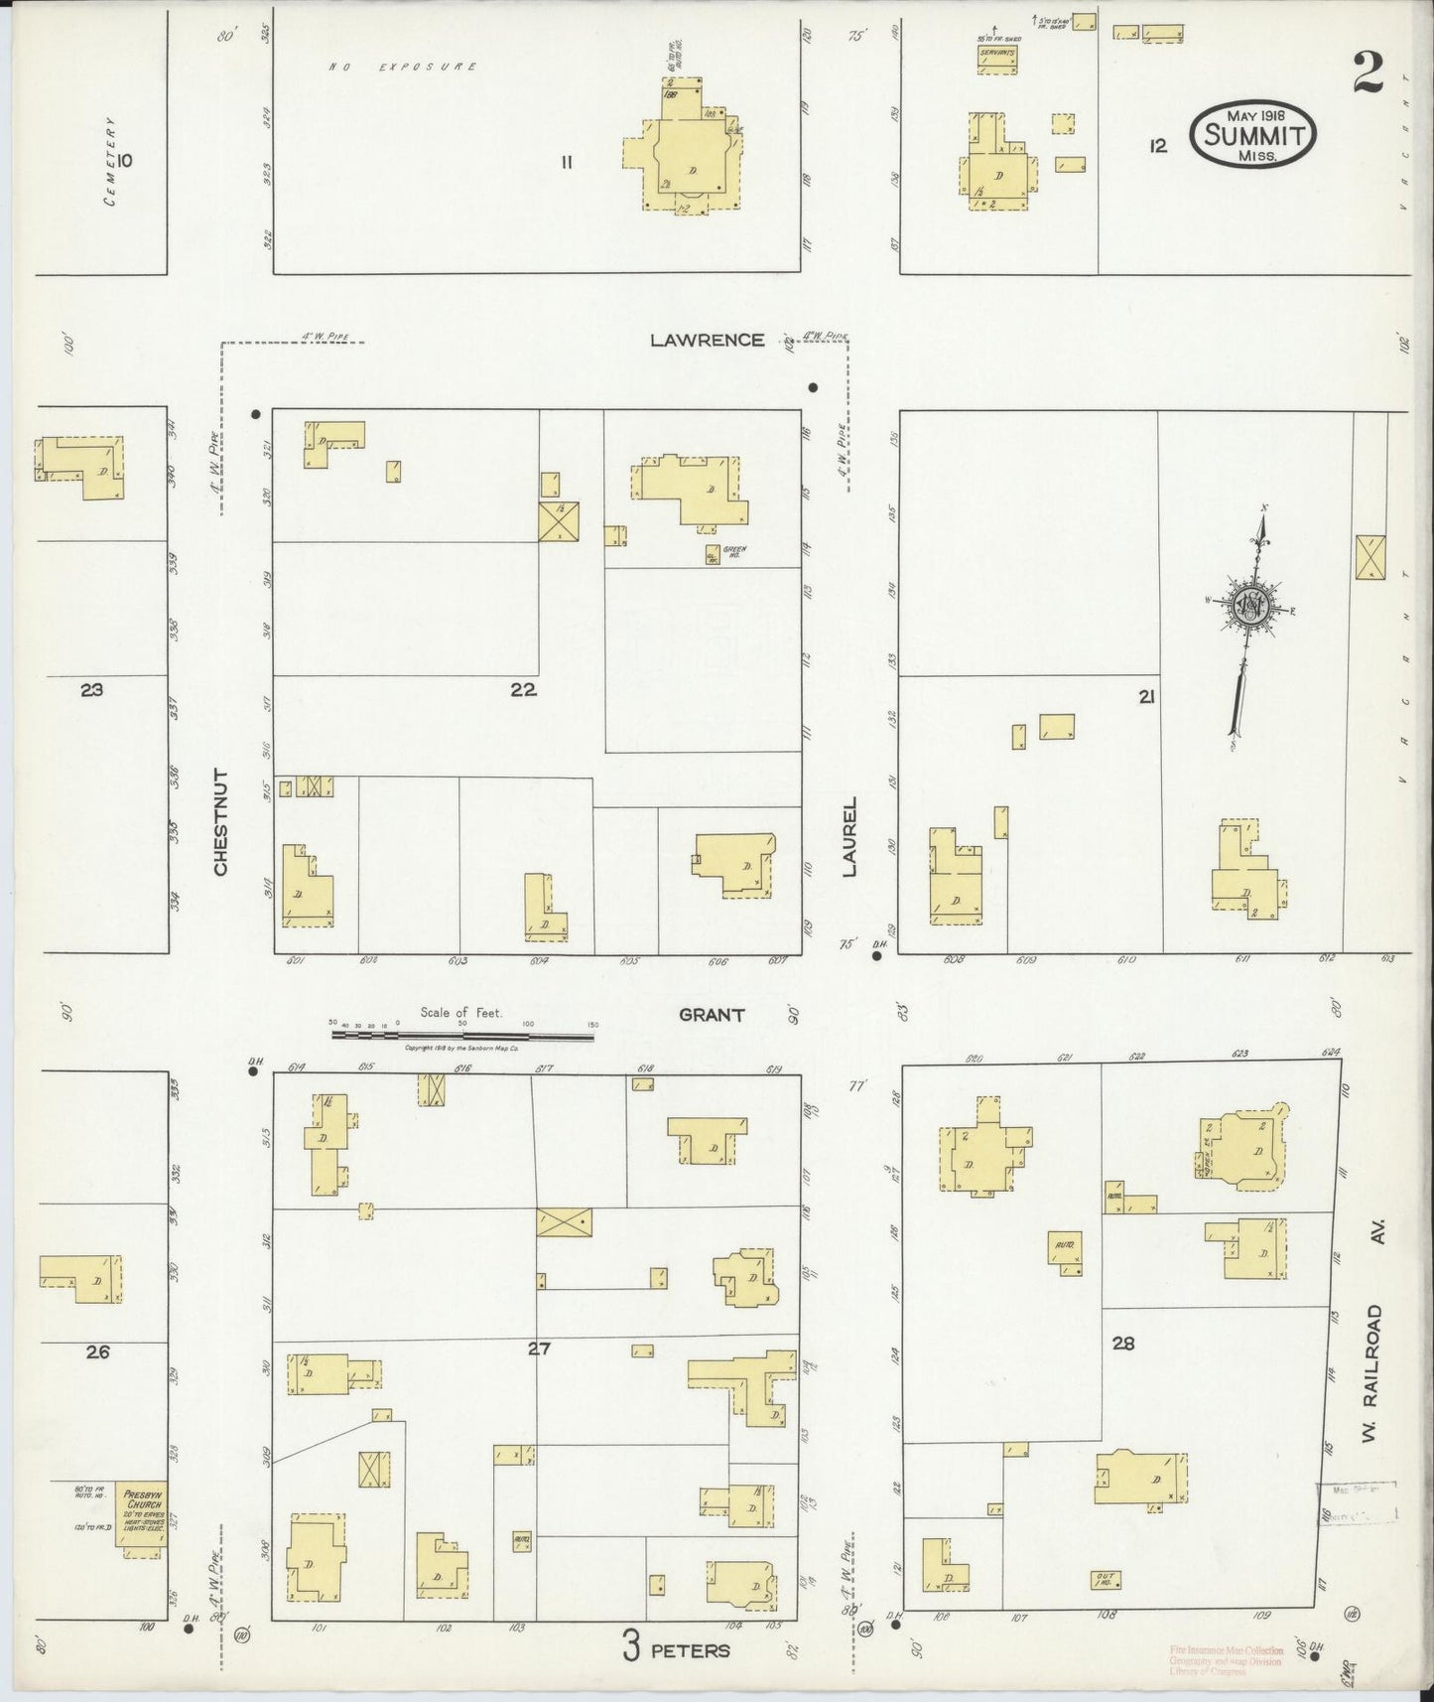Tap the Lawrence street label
(707, 340)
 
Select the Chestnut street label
(220, 821)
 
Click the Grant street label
(711, 1015)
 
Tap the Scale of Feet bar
(462, 1035)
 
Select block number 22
(523, 690)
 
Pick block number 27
(538, 1348)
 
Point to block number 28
(1122, 1344)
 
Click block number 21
(1146, 698)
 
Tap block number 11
(566, 162)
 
